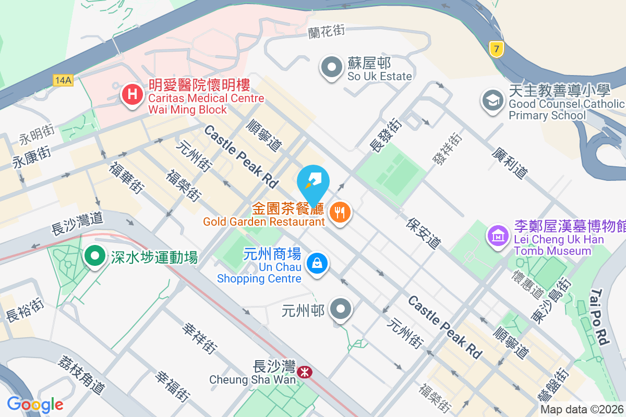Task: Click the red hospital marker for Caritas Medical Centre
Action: pos(133,95)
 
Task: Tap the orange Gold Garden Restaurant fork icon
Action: pos(340,212)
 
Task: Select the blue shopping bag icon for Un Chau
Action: pos(317,263)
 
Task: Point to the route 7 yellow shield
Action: pos(497,50)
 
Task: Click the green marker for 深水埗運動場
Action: pos(94,256)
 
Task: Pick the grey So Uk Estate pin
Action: pos(331,67)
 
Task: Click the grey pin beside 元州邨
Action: pos(341,309)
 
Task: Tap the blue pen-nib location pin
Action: pos(313,182)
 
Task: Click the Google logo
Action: pos(35,404)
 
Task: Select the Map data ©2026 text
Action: pos(581,409)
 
